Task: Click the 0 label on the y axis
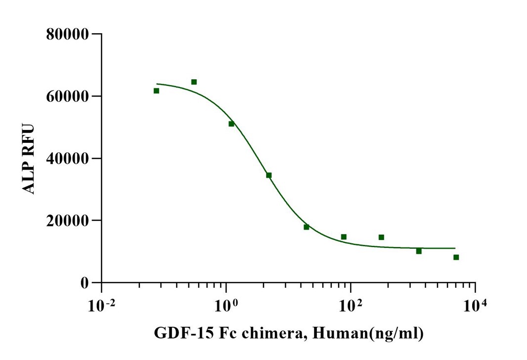pyautogui.click(x=85, y=283)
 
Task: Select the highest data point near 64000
pyautogui.click(x=194, y=82)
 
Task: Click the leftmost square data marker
pyautogui.click(x=156, y=90)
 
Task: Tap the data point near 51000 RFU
pyautogui.click(x=231, y=124)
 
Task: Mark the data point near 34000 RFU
pyautogui.click(x=269, y=175)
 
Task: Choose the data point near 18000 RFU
pyautogui.click(x=307, y=227)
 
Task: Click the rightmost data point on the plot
pyautogui.click(x=456, y=257)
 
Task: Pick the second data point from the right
pyautogui.click(x=419, y=251)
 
